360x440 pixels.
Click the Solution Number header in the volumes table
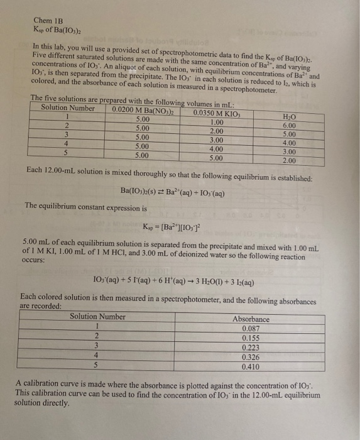(x=67, y=107)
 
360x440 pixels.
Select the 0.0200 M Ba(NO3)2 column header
(x=141, y=109)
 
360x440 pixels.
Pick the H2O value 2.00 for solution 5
(x=290, y=161)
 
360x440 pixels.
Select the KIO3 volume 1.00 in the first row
(x=217, y=121)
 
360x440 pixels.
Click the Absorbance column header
(x=251, y=319)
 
